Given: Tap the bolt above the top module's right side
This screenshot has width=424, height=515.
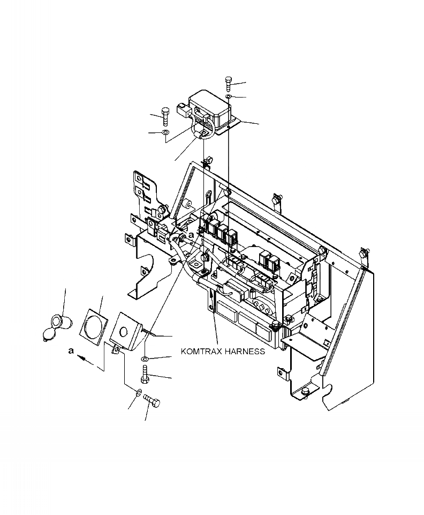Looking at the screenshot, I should pyautogui.click(x=228, y=84).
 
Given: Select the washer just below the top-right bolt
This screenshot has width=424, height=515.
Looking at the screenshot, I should pyautogui.click(x=228, y=96).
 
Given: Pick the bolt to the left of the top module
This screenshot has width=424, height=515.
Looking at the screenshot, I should pyautogui.click(x=165, y=115).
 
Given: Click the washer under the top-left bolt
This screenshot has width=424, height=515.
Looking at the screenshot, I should pyautogui.click(x=165, y=131).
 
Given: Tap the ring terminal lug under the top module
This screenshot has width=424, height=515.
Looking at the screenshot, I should pyautogui.click(x=205, y=133).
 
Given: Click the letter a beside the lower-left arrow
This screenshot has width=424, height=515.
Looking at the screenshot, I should pyautogui.click(x=71, y=350).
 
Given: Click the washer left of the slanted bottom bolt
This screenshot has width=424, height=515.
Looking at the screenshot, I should pyautogui.click(x=139, y=393).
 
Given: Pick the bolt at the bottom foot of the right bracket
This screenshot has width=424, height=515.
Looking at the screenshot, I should pyautogui.click(x=304, y=392).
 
